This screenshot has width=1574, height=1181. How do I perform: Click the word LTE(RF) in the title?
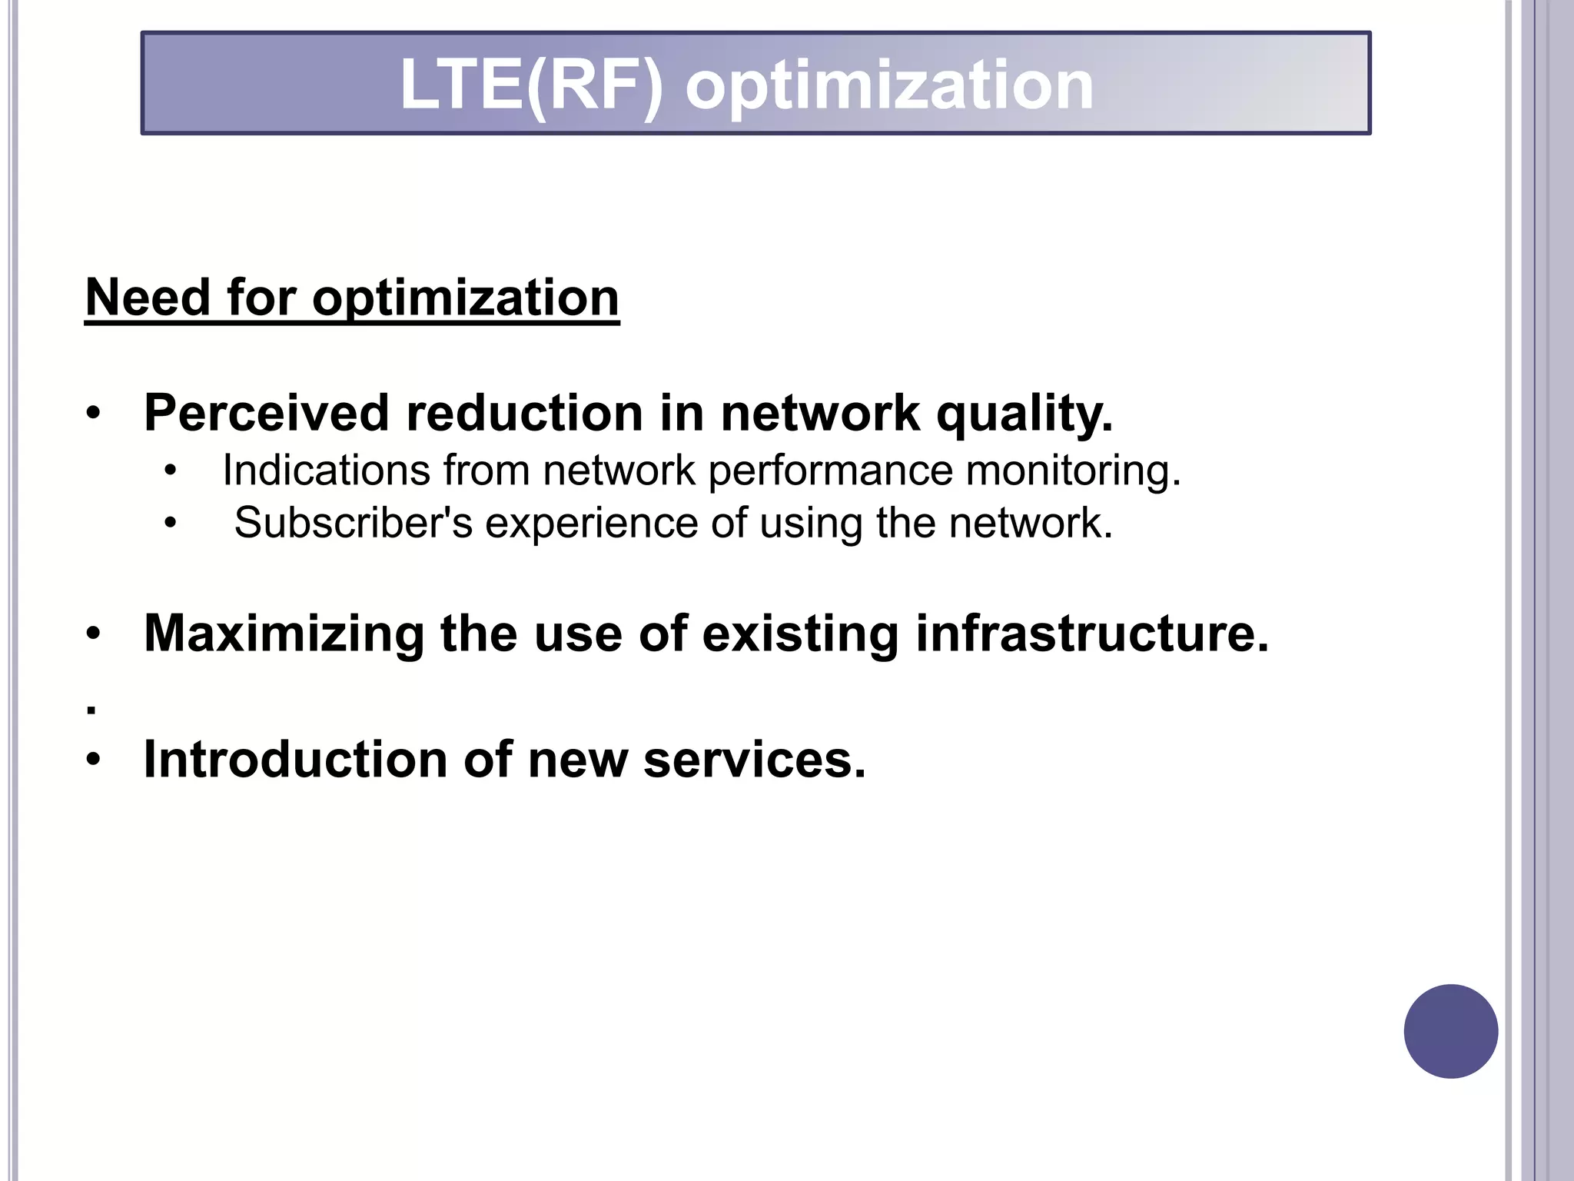530,85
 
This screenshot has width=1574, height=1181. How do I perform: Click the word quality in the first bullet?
1024,413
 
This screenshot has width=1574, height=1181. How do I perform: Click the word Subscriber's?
354,523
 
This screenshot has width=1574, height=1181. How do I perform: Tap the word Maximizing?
284,634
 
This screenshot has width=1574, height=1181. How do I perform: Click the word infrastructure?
1091,634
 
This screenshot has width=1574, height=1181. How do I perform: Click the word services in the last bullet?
754,760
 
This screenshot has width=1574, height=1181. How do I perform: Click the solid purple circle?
1450,1031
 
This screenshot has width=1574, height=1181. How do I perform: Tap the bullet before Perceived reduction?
93,414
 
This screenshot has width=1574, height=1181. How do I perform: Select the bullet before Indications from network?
170,471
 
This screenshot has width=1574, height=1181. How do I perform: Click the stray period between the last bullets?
91,712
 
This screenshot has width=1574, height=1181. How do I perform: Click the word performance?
830,470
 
